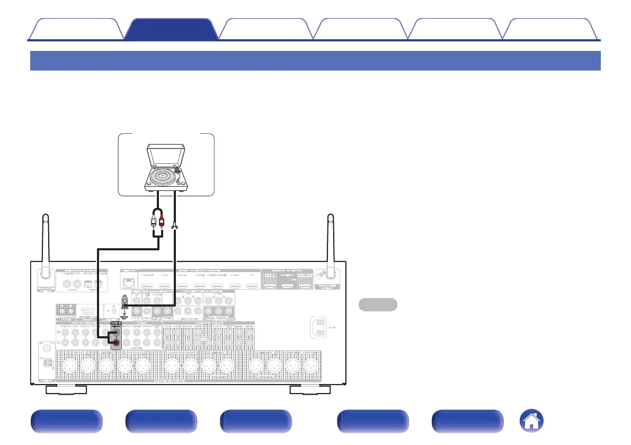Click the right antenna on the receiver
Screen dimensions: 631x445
click(x=331, y=244)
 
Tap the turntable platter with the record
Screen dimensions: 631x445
click(x=164, y=174)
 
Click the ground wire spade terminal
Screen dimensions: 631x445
click(x=174, y=229)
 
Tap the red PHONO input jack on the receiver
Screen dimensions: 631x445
click(x=115, y=345)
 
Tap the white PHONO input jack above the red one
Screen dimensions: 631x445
click(x=115, y=335)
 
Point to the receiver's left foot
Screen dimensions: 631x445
click(x=66, y=390)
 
